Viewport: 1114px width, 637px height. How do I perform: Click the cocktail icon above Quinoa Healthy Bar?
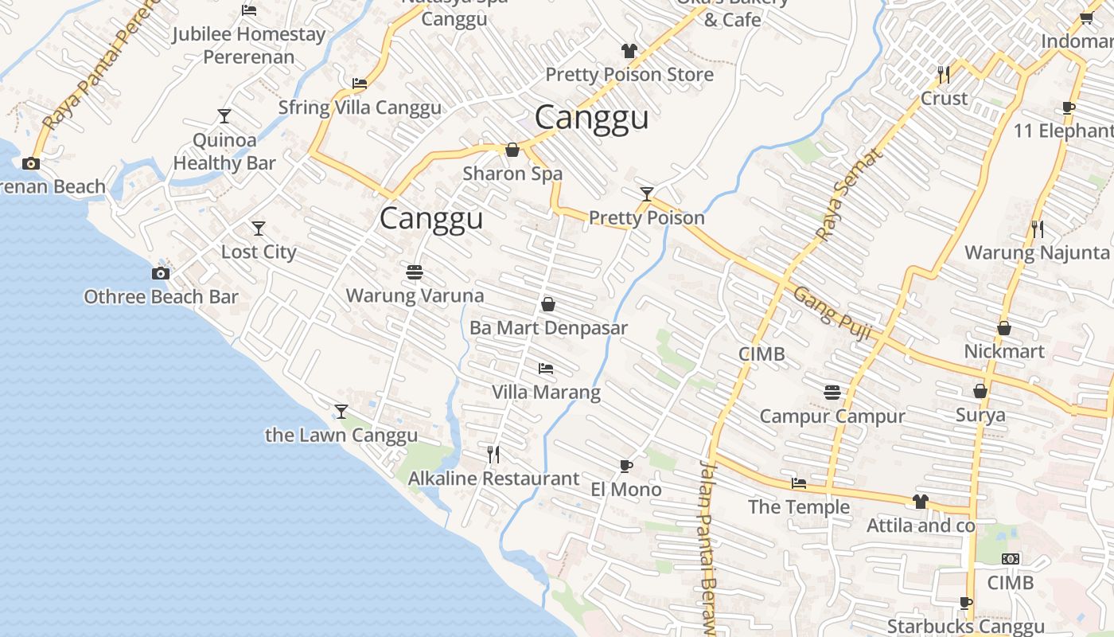click(x=224, y=116)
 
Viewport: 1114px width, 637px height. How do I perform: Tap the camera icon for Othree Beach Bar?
click(x=161, y=273)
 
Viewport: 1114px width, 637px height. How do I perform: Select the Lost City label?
click(x=259, y=252)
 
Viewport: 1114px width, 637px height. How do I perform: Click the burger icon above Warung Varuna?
click(x=414, y=272)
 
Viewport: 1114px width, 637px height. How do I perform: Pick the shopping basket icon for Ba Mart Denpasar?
click(x=548, y=304)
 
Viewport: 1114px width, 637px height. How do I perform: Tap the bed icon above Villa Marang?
click(x=546, y=369)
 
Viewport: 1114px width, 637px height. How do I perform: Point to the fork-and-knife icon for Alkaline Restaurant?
click(x=493, y=455)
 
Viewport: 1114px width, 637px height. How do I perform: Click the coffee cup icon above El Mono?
click(x=626, y=466)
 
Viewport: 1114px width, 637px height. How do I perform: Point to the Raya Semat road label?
click(x=850, y=196)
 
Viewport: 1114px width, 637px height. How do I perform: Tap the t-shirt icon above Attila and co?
click(x=921, y=502)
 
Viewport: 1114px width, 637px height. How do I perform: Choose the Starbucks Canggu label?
click(x=965, y=627)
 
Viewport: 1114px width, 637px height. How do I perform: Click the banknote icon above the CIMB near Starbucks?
click(x=1011, y=559)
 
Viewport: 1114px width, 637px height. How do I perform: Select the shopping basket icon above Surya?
click(x=980, y=391)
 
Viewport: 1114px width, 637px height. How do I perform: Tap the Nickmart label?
click(x=1004, y=351)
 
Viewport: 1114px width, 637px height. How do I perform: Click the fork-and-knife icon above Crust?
click(x=944, y=75)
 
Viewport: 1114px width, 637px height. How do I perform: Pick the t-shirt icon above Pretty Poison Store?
click(x=629, y=51)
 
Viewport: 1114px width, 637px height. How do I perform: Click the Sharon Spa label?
click(x=512, y=173)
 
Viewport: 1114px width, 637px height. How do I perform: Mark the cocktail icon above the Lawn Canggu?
click(x=341, y=412)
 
